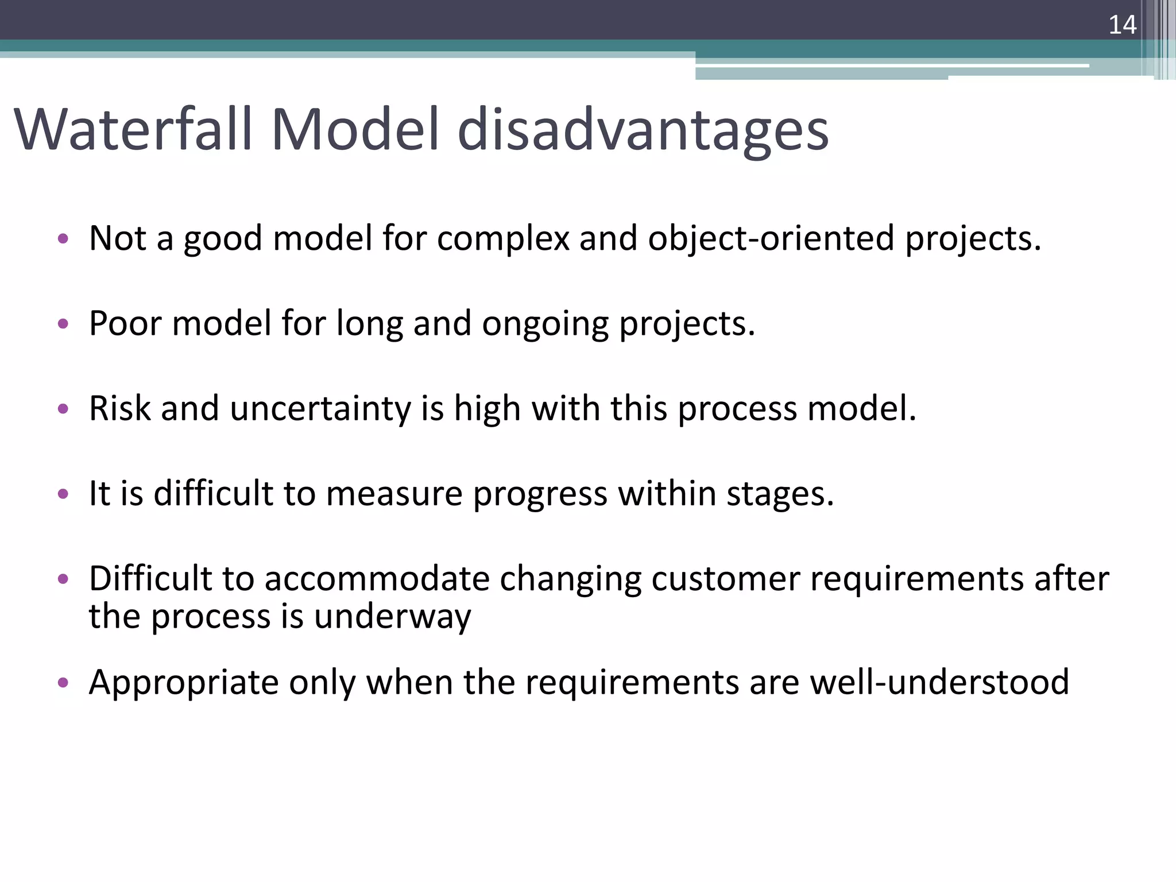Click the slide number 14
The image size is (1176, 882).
[1122, 25]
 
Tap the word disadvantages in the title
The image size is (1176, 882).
[643, 131]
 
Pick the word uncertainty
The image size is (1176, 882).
[320, 409]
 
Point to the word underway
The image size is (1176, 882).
[392, 617]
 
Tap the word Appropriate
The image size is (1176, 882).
[184, 683]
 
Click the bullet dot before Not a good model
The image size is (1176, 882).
[63, 238]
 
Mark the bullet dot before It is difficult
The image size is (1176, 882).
[63, 494]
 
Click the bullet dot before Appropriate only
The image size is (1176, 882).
[63, 682]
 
